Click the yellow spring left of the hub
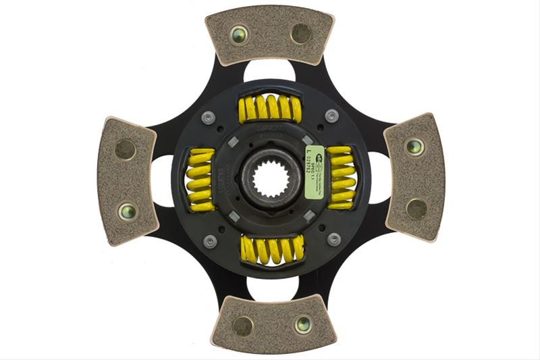pyautogui.click(x=200, y=178)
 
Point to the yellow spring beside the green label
pyautogui.click(x=341, y=177)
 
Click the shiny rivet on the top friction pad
pyautogui.click(x=238, y=34)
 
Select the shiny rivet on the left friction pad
pyautogui.click(x=126, y=211)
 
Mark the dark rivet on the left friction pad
pyautogui.click(x=125, y=149)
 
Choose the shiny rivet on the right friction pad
pyautogui.click(x=414, y=146)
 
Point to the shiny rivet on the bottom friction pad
pyautogui.click(x=303, y=324)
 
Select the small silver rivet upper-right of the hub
pyautogui.click(x=331, y=115)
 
